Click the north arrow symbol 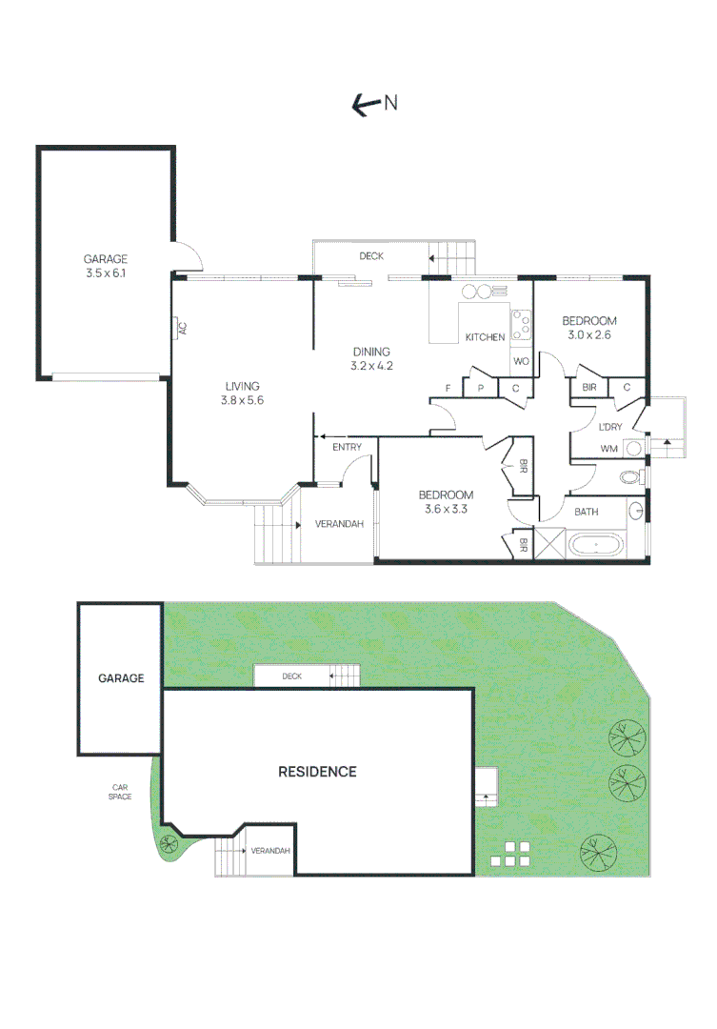pos(363,105)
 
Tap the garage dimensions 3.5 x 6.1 pos(105,273)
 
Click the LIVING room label pos(243,386)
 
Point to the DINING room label pos(371,352)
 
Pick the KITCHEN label pos(485,337)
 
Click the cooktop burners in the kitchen pos(522,325)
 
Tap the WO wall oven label pos(521,362)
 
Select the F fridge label pos(448,388)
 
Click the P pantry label pos(481,388)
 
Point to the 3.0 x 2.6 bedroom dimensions pos(589,334)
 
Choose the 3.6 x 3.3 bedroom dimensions pos(447,509)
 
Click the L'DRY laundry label pos(609,427)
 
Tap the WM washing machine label pos(608,448)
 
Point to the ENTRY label pos(346,448)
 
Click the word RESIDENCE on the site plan pos(317,772)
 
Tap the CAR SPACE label pos(120,791)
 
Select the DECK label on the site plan pos(291,676)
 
